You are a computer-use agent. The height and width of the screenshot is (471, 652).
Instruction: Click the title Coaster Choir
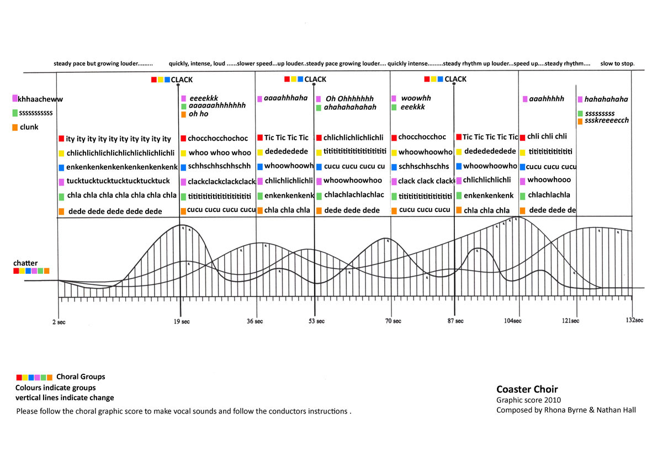[527, 389]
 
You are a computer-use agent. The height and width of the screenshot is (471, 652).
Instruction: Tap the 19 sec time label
[182, 321]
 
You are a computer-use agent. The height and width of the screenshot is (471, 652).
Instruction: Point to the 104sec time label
[512, 321]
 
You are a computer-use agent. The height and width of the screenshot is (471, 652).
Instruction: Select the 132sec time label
[634, 320]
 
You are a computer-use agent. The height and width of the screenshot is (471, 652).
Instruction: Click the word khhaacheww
[40, 99]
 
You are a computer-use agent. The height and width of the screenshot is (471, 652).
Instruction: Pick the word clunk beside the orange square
[29, 127]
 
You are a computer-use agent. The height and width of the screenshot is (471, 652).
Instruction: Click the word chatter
[25, 263]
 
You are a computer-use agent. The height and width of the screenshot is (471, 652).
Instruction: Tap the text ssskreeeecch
[607, 120]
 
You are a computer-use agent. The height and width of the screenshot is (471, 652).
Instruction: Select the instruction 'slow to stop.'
[617, 63]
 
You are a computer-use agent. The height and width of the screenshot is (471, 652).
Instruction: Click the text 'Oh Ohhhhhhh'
[349, 98]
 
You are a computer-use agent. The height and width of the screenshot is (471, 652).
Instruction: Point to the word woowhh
[416, 98]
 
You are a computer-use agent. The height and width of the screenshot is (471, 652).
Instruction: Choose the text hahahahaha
[606, 99]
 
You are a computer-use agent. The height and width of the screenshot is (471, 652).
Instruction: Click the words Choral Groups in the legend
[81, 377]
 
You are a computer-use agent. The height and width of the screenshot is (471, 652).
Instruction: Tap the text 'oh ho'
[198, 114]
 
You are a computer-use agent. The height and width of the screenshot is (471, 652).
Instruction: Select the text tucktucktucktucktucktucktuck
[118, 181]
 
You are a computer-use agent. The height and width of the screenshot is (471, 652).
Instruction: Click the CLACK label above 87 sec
[455, 79]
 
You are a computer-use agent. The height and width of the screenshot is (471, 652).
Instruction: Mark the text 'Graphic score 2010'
[528, 400]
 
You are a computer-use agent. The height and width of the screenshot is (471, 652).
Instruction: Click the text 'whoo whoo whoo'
[220, 152]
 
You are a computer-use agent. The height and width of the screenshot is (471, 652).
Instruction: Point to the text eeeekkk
[204, 98]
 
